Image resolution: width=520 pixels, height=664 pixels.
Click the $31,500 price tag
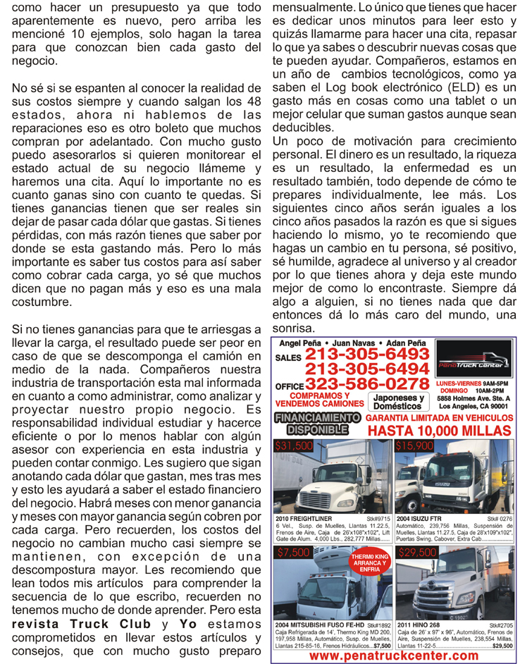click(x=295, y=445)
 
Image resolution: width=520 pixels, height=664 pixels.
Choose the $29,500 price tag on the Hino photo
click(x=417, y=553)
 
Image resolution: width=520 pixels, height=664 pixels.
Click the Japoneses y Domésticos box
click(x=399, y=402)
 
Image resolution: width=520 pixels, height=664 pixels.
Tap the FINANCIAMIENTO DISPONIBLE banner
click(x=316, y=422)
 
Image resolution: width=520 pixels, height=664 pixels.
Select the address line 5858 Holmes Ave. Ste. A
click(x=473, y=398)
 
